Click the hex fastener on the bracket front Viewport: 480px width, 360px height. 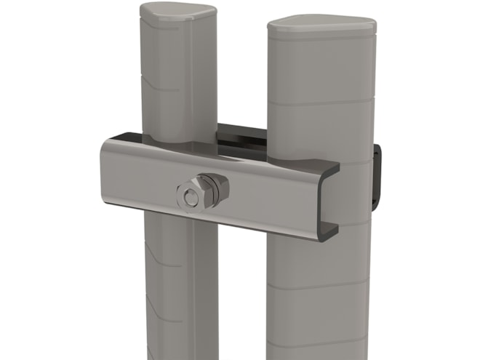pyautogui.click(x=191, y=196)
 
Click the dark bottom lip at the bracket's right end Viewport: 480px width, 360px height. pyautogui.click(x=328, y=233)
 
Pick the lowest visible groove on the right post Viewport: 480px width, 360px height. pyautogui.click(x=320, y=343)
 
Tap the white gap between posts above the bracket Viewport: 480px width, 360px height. pyautogui.click(x=241, y=73)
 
